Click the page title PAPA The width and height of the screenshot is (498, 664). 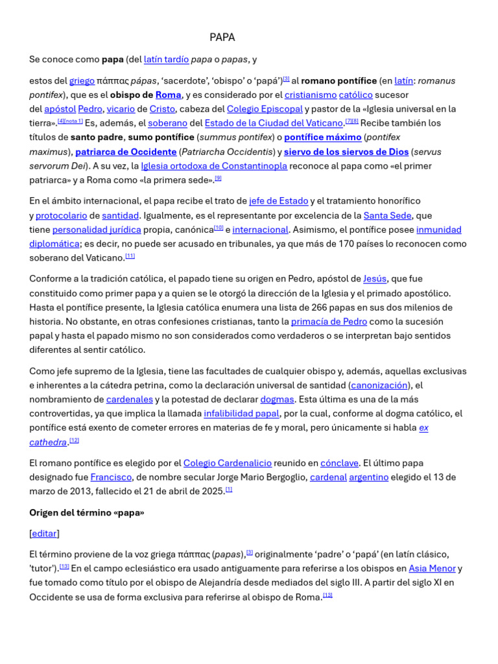(x=222, y=38)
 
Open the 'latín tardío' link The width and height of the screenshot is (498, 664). (x=166, y=60)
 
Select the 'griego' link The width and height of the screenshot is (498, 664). (x=82, y=81)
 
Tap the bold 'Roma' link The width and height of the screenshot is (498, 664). (x=168, y=95)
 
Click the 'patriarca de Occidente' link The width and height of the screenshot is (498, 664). (x=126, y=152)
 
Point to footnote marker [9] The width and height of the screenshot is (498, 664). (x=219, y=178)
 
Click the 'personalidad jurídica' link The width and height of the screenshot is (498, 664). (x=97, y=230)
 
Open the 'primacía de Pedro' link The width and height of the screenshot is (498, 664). (x=329, y=322)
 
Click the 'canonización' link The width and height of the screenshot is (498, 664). (x=379, y=385)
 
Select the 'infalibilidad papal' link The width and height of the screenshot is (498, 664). (x=241, y=414)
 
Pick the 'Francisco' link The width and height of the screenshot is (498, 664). (x=111, y=477)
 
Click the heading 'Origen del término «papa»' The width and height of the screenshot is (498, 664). (x=87, y=513)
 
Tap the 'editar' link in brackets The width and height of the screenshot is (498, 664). (x=44, y=534)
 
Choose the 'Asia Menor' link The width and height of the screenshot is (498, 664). (x=432, y=569)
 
